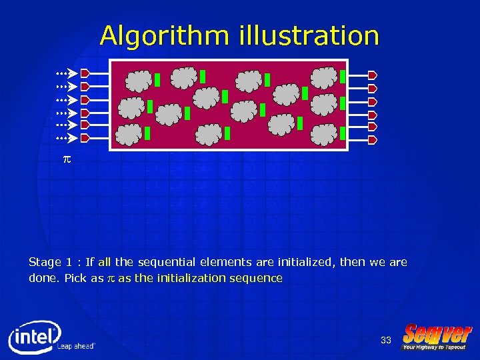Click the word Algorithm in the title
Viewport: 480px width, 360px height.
click(x=165, y=35)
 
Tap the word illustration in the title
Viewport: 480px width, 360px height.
click(x=309, y=35)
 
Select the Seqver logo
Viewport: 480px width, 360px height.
click(x=437, y=333)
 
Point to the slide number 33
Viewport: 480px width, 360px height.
click(x=386, y=341)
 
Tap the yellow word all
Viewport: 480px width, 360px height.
click(x=105, y=263)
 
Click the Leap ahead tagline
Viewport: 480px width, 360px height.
click(x=75, y=347)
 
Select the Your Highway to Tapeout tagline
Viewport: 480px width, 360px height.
click(x=434, y=347)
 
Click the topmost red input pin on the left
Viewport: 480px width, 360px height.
click(x=85, y=73)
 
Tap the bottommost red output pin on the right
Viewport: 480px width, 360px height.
click(x=373, y=139)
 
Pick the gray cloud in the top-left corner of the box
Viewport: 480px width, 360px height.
click(x=139, y=80)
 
